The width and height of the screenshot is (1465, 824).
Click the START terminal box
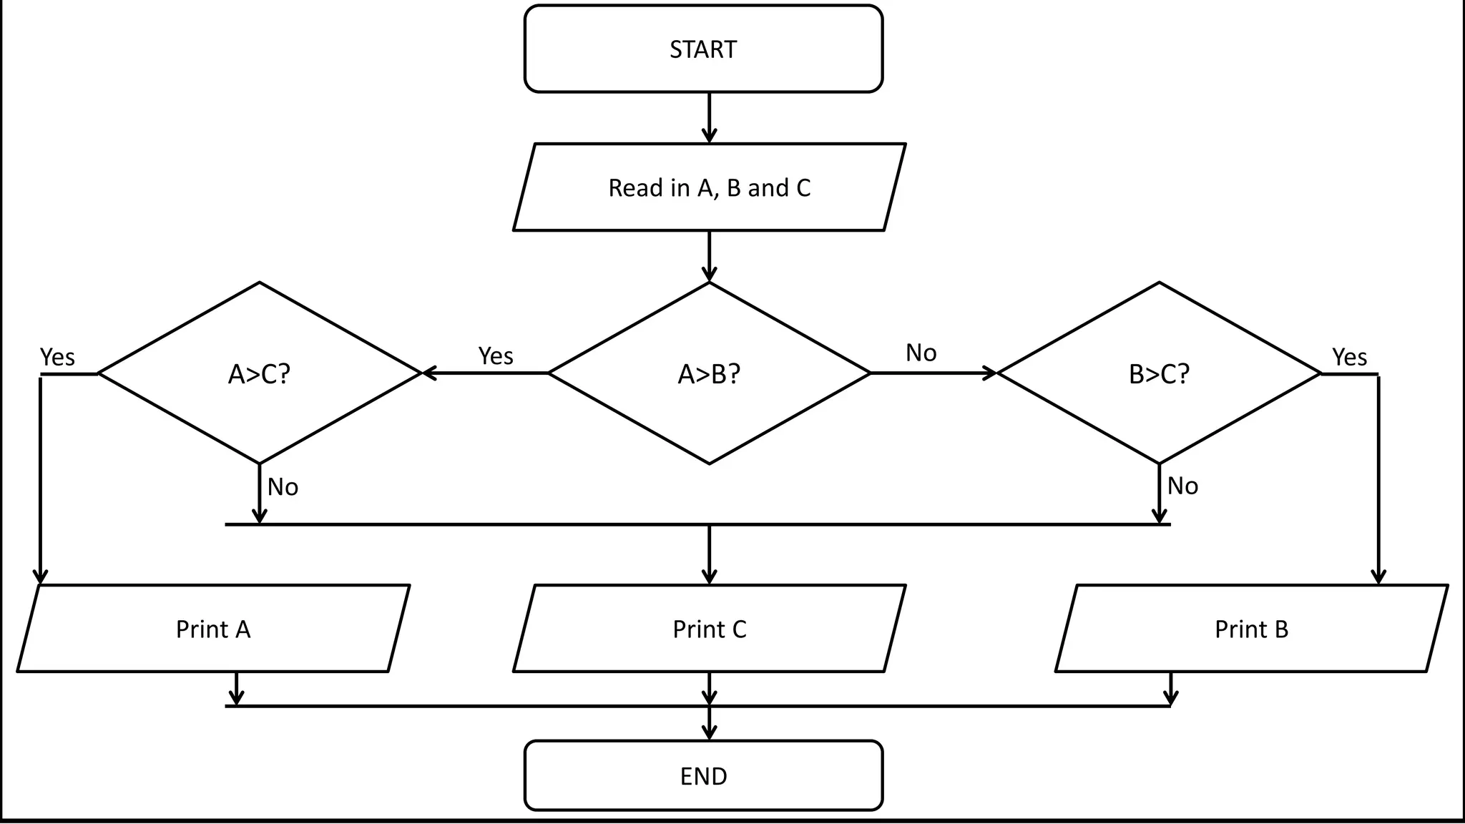point(703,49)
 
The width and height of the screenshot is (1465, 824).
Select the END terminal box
point(703,776)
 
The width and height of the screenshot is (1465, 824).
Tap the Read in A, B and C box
point(709,187)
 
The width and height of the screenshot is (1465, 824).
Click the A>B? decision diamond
point(709,373)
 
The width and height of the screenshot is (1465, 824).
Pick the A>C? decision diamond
point(259,373)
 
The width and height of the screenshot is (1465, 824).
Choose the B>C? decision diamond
point(1159,373)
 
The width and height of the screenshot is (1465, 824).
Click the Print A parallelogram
point(213,629)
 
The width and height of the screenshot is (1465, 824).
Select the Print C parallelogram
point(709,629)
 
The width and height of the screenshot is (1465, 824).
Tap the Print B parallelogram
point(1251,629)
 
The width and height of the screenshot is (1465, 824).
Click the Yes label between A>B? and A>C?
point(496,355)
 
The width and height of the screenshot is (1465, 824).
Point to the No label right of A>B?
point(921,353)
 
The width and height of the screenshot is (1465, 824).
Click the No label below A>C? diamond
point(283,487)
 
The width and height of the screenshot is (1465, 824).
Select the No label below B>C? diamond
point(1182,486)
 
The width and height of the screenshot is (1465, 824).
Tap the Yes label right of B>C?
point(1349,357)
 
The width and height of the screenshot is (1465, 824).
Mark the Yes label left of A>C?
point(57,357)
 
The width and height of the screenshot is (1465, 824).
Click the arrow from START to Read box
point(709,118)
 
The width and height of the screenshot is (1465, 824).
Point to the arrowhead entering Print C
point(709,576)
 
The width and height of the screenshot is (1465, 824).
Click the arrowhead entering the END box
point(709,732)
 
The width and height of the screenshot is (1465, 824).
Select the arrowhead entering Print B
point(1378,576)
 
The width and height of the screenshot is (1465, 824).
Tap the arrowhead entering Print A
point(41,576)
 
